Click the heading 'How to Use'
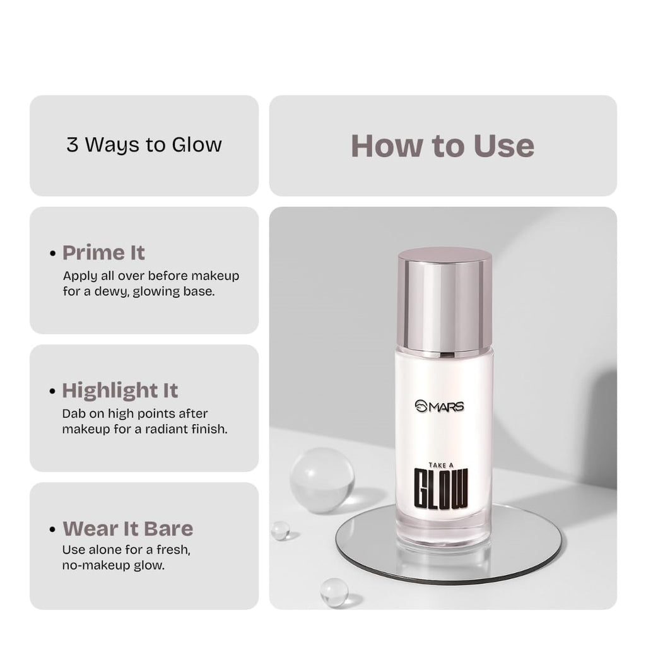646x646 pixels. [442, 146]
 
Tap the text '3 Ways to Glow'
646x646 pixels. [144, 144]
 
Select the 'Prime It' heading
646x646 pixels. [103, 253]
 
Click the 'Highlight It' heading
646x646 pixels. [120, 391]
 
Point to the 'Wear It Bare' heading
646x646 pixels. [127, 529]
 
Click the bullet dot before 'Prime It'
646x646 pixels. [53, 254]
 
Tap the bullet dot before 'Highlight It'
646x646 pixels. [53, 392]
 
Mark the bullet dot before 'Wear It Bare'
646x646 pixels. [53, 530]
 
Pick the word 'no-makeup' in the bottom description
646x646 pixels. [92, 565]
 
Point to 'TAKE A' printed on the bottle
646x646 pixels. [442, 465]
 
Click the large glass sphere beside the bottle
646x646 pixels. [322, 479]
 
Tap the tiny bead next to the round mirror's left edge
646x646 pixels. [280, 531]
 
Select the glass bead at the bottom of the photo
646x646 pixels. [334, 592]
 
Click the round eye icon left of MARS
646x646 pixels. [422, 406]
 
